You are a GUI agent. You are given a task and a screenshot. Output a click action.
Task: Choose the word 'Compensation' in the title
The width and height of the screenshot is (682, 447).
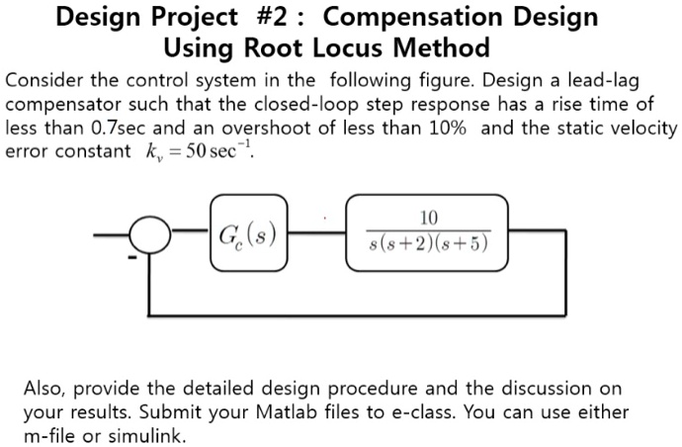click(x=461, y=17)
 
